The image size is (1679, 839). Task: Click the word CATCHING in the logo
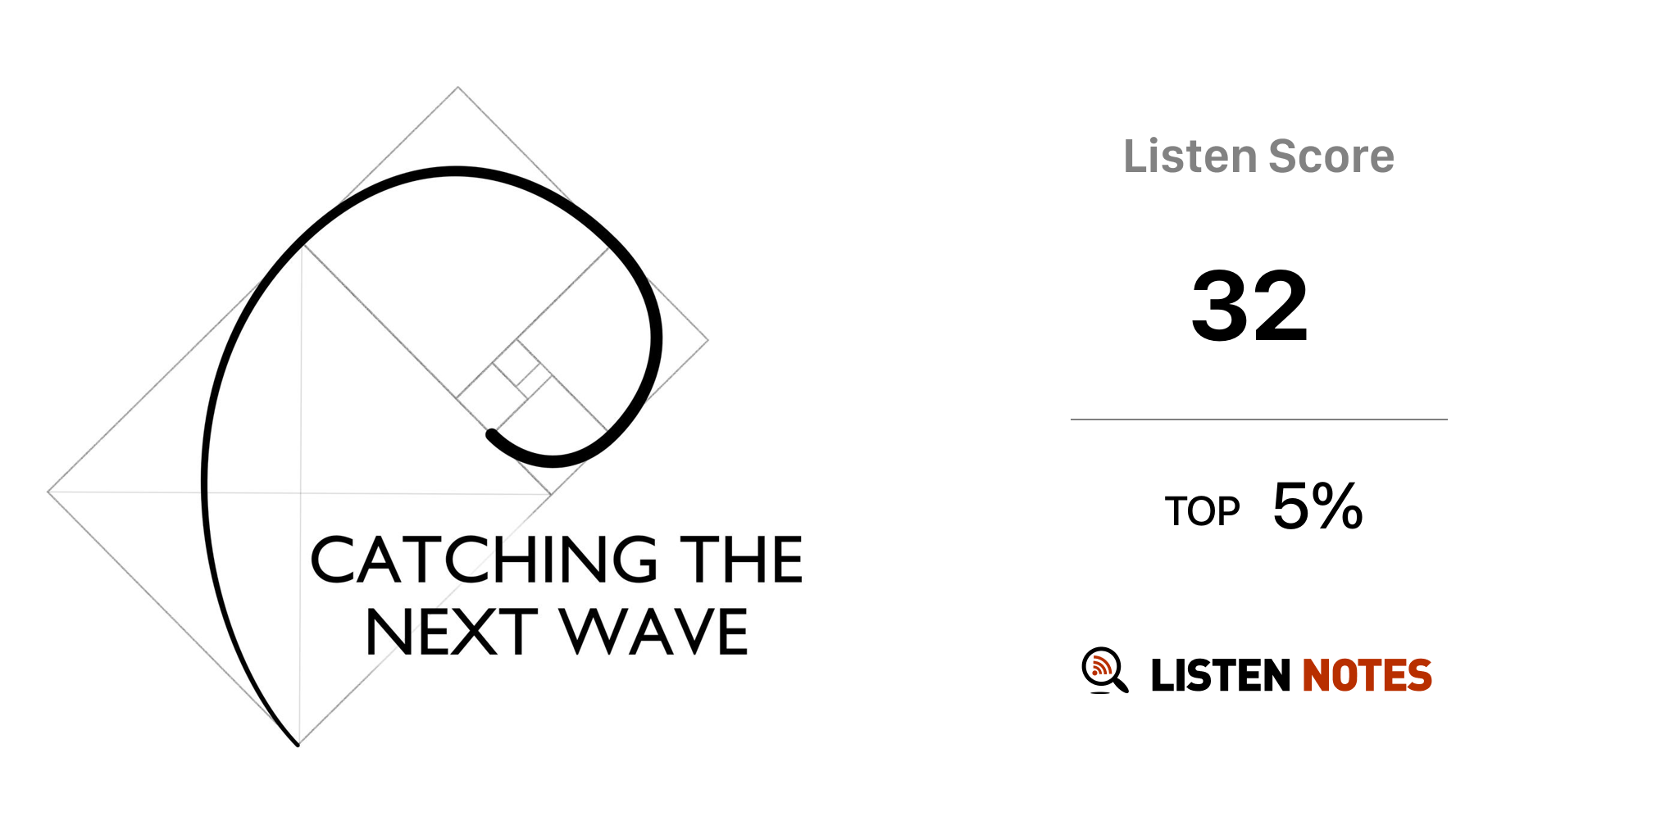484,560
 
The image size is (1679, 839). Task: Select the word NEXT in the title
451,633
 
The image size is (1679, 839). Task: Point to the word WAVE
654,633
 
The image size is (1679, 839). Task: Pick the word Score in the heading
1331,156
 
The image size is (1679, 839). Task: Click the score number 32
1249,306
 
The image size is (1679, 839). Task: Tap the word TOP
1202,512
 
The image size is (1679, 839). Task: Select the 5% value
1317,506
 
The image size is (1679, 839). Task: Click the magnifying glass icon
1104,670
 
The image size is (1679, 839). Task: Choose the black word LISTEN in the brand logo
1221,675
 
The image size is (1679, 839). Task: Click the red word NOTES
1367,675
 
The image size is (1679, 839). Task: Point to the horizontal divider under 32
1259,419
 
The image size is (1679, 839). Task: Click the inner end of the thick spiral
491,433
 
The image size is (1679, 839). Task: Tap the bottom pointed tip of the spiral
297,744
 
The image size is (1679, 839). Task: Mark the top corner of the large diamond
457,87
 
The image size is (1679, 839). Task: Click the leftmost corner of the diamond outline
48,492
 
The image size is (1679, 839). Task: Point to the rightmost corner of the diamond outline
708,339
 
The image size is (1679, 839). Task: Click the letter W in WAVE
596,633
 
